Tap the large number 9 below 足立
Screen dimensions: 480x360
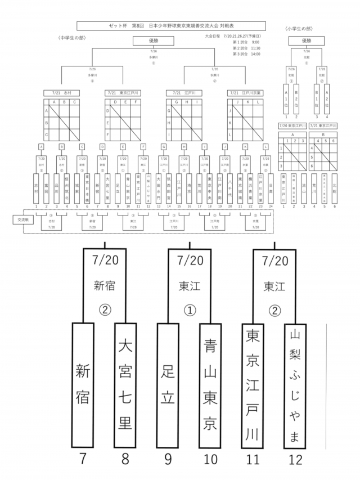point(168,459)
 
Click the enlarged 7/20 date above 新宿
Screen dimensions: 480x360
point(105,261)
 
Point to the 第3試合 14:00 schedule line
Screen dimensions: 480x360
point(247,54)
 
